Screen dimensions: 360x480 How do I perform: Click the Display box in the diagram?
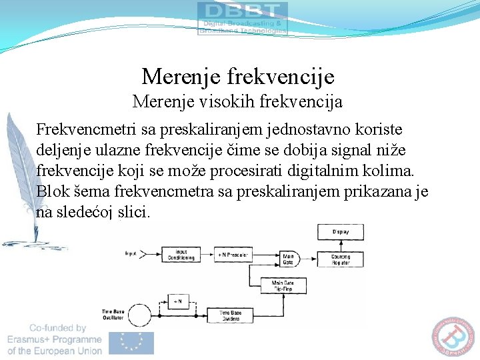tap(340, 232)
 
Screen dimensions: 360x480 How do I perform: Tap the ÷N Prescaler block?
tap(233, 255)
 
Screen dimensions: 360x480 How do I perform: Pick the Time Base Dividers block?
tap(231, 314)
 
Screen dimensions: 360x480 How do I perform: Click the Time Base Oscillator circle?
tap(139, 315)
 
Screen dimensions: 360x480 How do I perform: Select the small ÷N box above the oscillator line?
tap(177, 301)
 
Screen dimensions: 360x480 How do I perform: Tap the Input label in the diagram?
tap(131, 254)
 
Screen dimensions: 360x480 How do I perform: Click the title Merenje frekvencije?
tap(238, 77)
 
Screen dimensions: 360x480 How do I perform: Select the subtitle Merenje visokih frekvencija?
tap(237, 102)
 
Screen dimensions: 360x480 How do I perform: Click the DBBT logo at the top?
tap(243, 18)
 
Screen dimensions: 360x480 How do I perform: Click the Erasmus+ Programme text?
tap(55, 339)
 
